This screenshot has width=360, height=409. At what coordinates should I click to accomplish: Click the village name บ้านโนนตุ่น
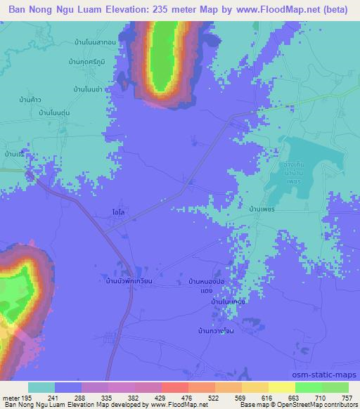58,112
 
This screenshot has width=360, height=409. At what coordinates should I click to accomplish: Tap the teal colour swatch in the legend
41,387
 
